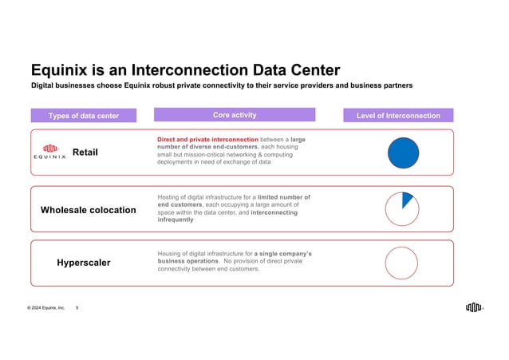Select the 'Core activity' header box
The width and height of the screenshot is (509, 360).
[235, 115]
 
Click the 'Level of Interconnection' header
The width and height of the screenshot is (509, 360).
[398, 116]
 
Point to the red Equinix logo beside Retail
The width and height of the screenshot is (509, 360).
[52, 151]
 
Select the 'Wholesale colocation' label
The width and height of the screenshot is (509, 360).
[88, 210]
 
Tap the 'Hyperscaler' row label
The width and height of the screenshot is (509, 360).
[84, 263]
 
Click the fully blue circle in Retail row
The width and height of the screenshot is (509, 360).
[403, 152]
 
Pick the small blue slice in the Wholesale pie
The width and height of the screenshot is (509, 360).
[407, 199]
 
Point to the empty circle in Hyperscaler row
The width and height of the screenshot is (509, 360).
[401, 263]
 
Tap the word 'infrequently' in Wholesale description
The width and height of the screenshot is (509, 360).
[180, 220]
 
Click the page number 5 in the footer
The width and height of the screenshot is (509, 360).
[77, 307]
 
